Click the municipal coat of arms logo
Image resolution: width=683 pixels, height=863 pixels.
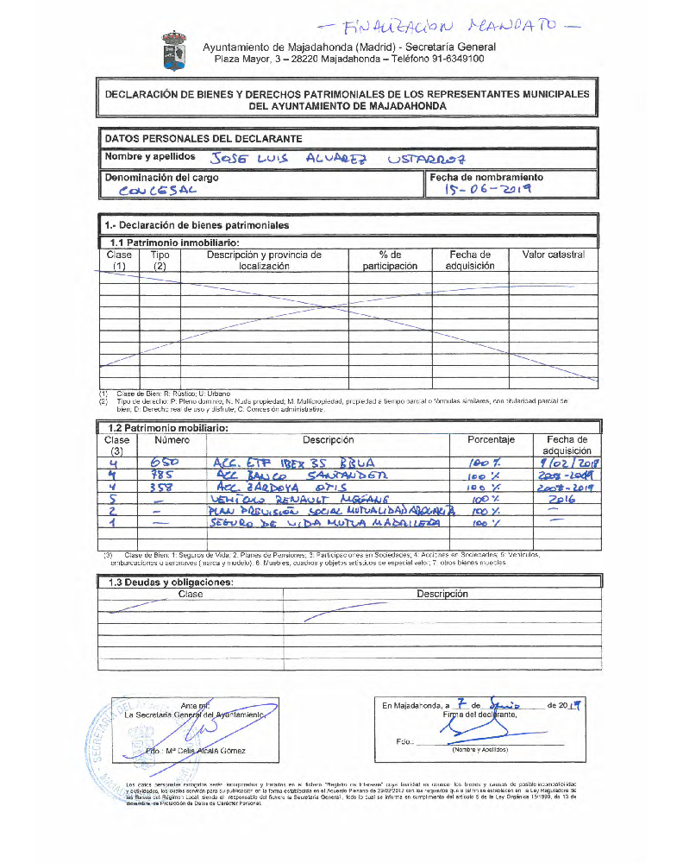click(174, 51)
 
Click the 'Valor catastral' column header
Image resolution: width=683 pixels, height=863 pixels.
click(553, 255)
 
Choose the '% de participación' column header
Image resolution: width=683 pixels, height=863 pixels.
click(390, 261)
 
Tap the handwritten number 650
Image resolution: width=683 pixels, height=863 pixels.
click(165, 463)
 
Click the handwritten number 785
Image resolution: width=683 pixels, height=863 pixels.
click(164, 476)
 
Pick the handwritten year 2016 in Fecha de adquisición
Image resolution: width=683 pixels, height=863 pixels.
click(567, 500)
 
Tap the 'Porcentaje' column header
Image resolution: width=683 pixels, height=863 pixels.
click(491, 440)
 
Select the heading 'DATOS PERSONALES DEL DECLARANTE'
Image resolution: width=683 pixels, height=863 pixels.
click(204, 138)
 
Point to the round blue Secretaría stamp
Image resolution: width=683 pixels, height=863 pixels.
click(121, 740)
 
